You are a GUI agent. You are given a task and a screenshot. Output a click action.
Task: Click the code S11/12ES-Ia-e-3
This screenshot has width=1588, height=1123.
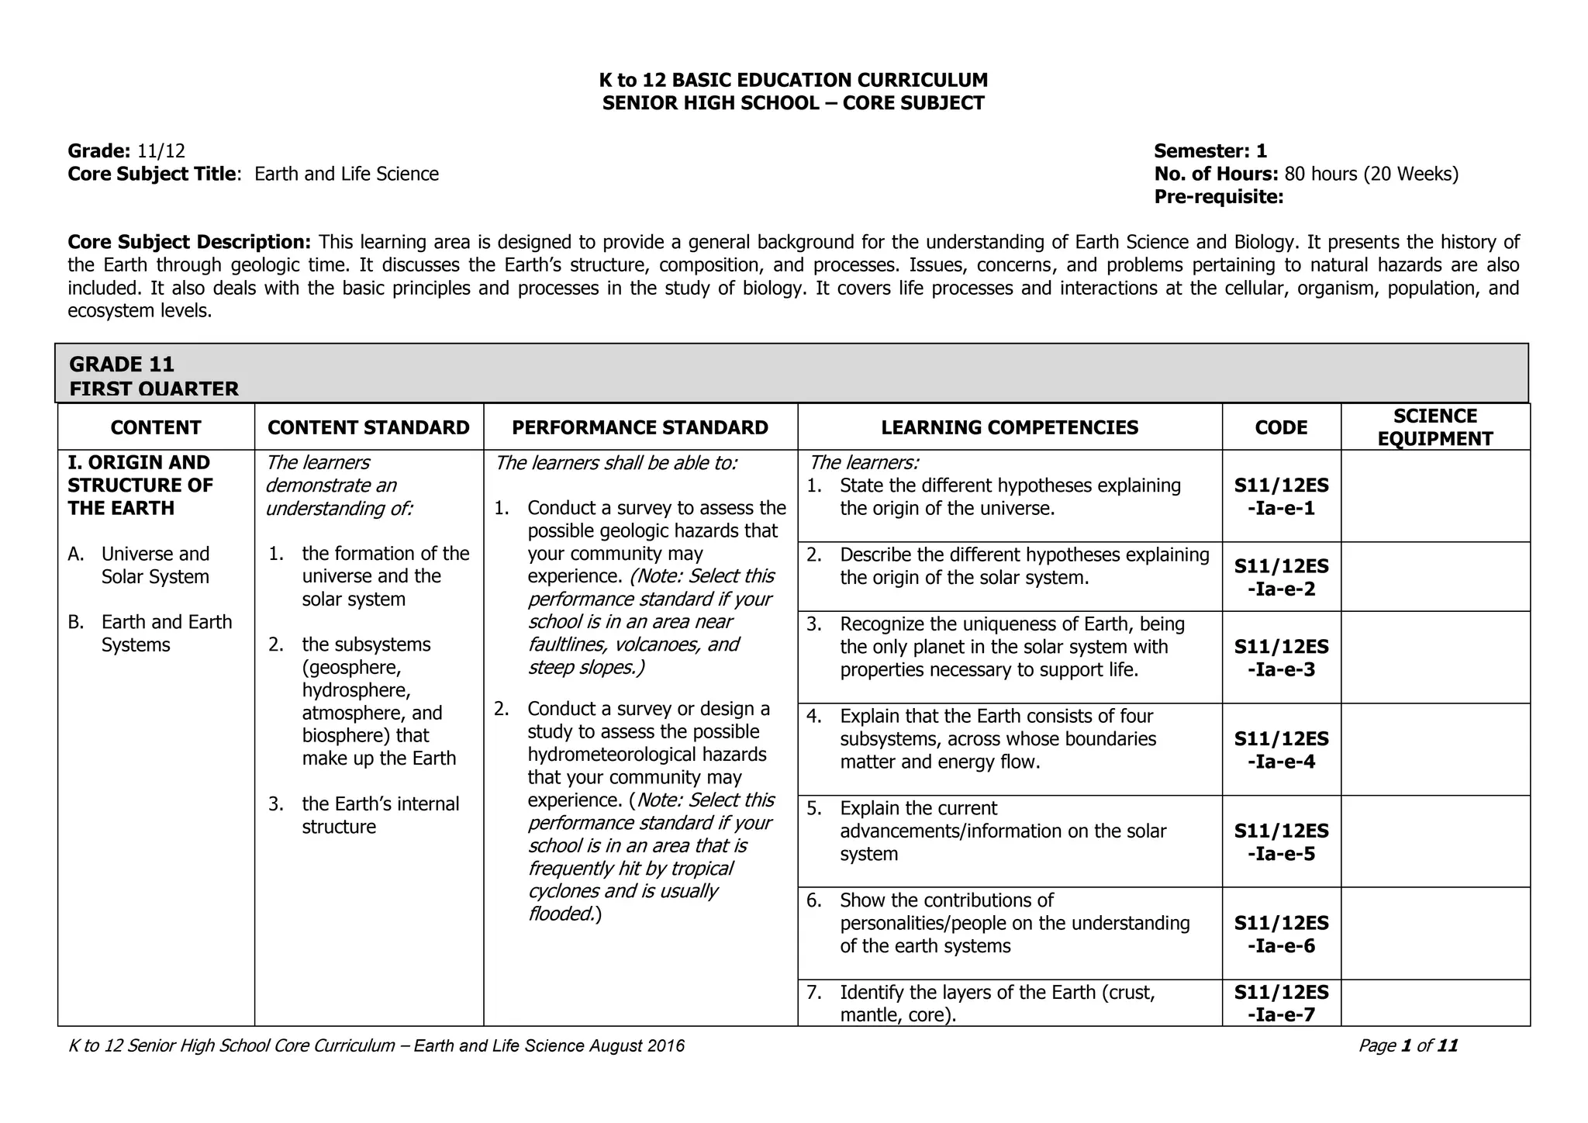(x=1281, y=658)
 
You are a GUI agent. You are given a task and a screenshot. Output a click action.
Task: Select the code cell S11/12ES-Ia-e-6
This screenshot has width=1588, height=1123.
(x=1281, y=934)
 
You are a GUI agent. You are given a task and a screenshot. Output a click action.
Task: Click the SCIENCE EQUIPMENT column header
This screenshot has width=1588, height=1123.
(x=1434, y=427)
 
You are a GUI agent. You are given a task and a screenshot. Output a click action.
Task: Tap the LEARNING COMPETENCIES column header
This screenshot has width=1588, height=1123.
(x=1010, y=427)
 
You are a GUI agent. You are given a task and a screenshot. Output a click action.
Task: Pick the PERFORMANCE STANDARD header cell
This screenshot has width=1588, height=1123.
(x=640, y=427)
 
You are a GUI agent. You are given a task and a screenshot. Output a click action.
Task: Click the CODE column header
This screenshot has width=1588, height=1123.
(x=1281, y=427)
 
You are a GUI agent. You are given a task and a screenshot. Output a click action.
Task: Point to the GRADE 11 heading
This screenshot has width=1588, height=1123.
(x=122, y=365)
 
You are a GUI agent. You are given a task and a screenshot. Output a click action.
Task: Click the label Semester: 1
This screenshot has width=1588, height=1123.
(x=1210, y=150)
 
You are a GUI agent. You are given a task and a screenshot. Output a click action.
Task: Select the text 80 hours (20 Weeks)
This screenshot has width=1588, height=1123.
(x=1371, y=174)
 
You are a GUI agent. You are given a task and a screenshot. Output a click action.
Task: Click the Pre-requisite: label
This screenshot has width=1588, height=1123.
(x=1219, y=197)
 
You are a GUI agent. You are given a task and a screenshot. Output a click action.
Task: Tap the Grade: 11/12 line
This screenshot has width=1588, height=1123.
(x=126, y=150)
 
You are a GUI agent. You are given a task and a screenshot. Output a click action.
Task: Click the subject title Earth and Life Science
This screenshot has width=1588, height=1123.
(x=347, y=174)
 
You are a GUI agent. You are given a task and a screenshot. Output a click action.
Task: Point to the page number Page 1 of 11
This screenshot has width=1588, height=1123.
(x=1407, y=1045)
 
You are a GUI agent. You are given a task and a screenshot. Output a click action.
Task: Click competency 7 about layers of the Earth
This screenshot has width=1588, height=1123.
(x=996, y=1003)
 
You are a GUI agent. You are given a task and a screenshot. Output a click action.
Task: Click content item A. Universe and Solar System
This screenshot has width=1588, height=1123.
(x=155, y=565)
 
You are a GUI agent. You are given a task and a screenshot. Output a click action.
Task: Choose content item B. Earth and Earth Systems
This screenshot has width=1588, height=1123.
(x=166, y=634)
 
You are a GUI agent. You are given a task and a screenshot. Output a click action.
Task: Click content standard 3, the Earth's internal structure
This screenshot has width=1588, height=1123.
(x=380, y=815)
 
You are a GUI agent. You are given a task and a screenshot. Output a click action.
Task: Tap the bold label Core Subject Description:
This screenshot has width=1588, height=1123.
(x=189, y=242)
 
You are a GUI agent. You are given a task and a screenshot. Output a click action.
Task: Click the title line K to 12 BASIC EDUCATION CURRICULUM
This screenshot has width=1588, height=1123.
(x=793, y=80)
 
